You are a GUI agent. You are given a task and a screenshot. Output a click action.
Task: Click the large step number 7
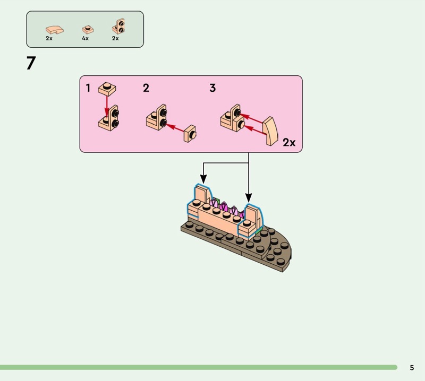click(x=31, y=64)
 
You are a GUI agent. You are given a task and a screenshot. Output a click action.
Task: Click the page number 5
click(x=412, y=368)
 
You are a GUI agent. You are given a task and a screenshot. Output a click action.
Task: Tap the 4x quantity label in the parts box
click(x=85, y=39)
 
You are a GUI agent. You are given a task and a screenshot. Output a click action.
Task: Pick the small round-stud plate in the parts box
click(x=87, y=29)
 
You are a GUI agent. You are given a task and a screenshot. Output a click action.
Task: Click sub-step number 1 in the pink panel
click(x=88, y=88)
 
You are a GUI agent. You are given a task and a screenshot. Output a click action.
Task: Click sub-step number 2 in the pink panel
click(x=146, y=88)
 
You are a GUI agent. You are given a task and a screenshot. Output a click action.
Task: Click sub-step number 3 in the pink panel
click(x=212, y=88)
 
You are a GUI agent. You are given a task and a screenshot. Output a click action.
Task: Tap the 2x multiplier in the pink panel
click(x=289, y=142)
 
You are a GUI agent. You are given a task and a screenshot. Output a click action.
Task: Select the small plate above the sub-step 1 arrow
click(x=107, y=88)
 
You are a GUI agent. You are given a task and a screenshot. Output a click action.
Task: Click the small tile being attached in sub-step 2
click(x=190, y=134)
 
